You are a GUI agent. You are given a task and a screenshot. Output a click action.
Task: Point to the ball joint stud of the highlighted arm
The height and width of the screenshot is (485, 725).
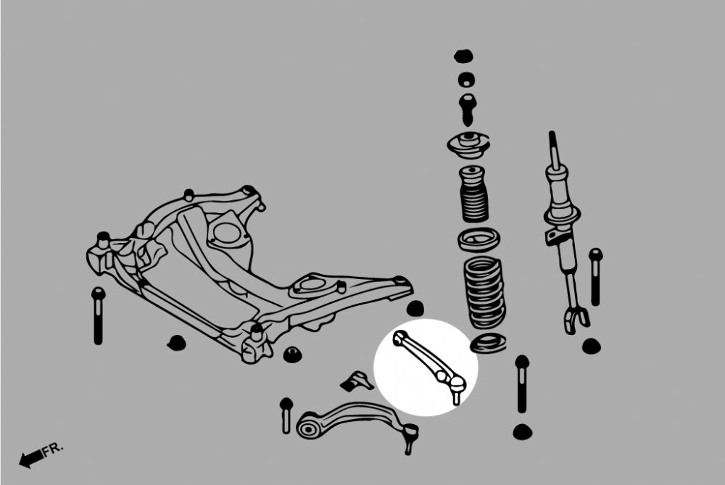click(x=456, y=395)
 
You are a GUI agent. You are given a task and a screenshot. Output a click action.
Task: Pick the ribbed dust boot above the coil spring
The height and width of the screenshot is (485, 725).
click(x=475, y=195)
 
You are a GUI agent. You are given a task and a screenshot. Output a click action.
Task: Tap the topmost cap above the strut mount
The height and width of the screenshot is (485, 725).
click(x=463, y=56)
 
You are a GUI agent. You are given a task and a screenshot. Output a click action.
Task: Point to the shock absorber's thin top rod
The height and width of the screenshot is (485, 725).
click(x=553, y=149)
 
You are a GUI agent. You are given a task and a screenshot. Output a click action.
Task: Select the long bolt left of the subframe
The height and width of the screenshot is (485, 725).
click(x=98, y=315)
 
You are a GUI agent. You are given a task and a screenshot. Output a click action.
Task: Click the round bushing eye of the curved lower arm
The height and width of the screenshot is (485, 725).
click(x=307, y=428)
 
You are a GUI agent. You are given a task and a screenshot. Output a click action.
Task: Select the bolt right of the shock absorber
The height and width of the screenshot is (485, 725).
click(x=595, y=276)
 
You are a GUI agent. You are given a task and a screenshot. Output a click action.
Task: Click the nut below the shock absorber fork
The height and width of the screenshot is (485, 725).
click(x=591, y=346)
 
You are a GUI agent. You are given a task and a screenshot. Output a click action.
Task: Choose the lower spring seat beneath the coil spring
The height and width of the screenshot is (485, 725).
click(x=487, y=344)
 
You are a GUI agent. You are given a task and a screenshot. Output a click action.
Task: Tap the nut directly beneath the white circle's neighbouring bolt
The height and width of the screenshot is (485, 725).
click(x=521, y=432)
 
